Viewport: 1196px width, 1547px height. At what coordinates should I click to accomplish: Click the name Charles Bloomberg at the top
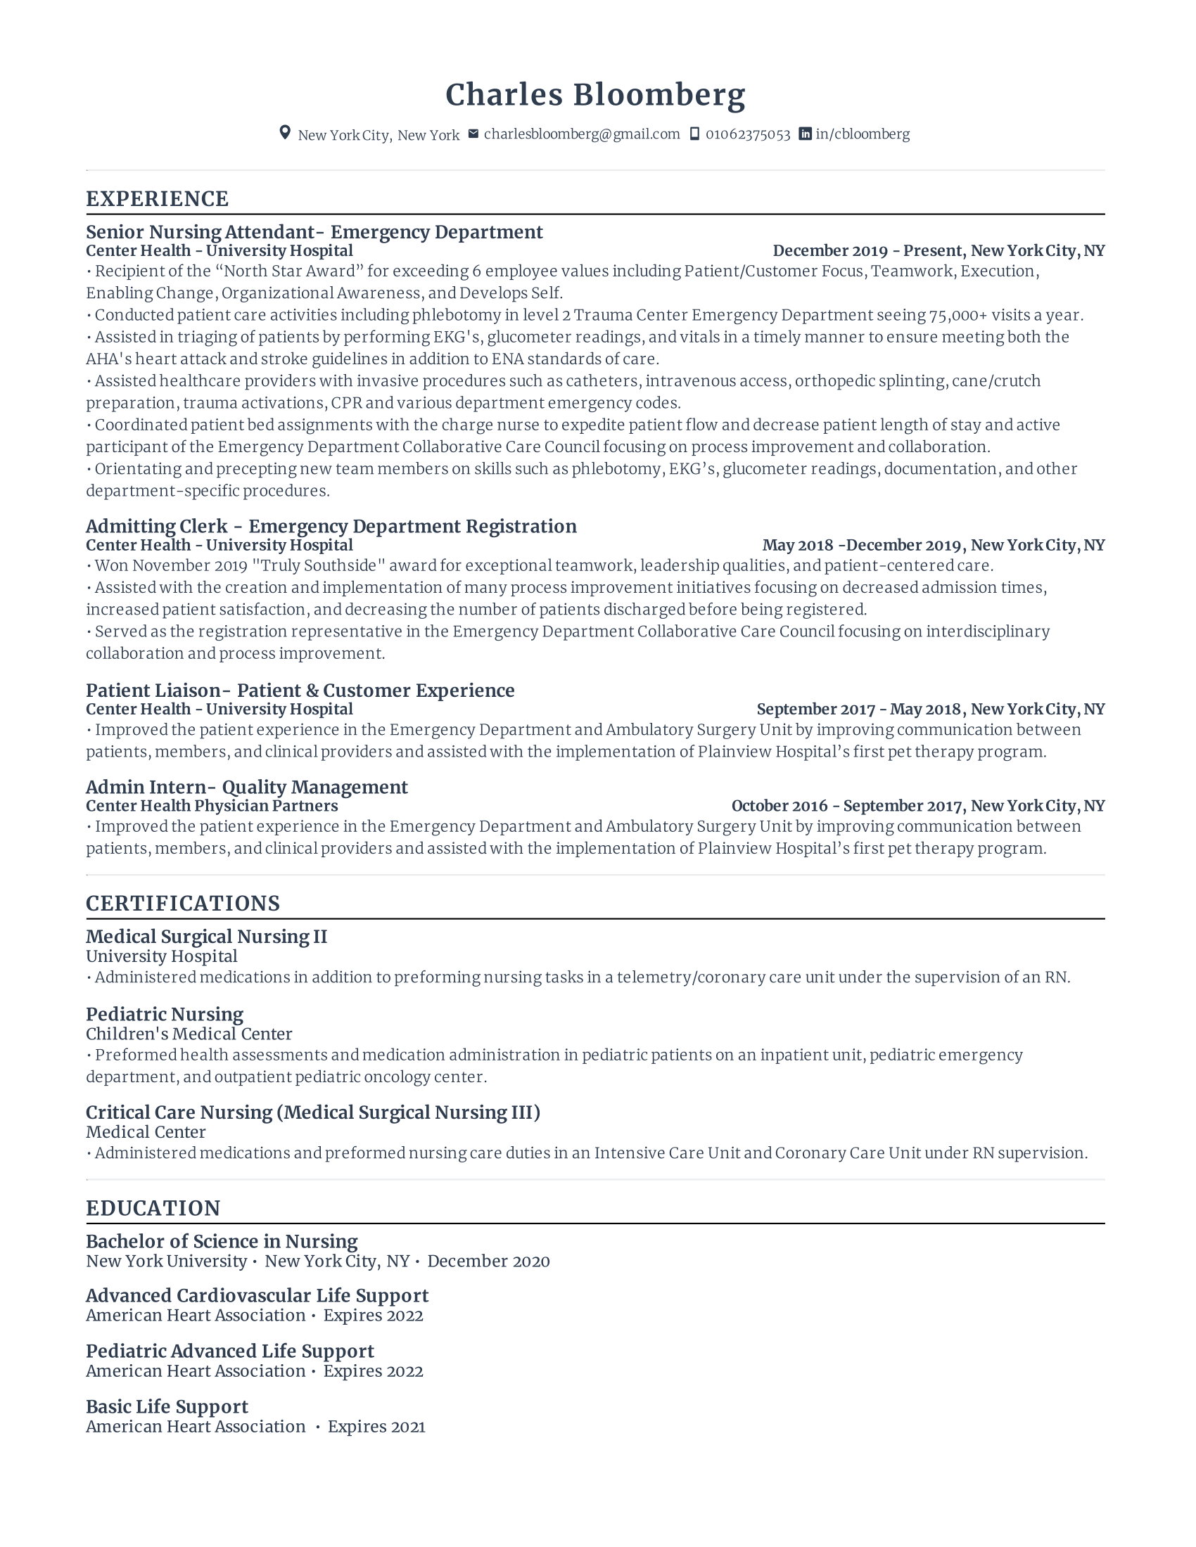point(595,96)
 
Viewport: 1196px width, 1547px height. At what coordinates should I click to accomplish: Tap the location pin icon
point(285,133)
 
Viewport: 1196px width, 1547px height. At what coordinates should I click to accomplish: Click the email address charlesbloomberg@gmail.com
point(582,134)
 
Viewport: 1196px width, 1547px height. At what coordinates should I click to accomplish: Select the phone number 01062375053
point(747,134)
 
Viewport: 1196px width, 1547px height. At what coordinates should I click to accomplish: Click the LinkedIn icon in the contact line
point(805,134)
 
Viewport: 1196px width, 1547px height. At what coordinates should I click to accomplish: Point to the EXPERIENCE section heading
point(158,199)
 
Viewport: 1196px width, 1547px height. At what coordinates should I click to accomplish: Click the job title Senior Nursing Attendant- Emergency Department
point(314,232)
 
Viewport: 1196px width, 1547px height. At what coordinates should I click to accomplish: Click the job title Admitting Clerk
point(157,526)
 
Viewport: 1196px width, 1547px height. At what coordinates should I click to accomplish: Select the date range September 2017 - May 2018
point(859,709)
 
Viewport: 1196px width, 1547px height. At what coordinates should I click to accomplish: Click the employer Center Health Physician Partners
point(212,806)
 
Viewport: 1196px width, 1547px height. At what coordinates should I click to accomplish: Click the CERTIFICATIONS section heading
point(183,904)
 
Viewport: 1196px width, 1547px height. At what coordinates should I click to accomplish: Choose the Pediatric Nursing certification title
point(165,1014)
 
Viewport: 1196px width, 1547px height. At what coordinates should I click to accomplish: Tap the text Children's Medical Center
point(189,1034)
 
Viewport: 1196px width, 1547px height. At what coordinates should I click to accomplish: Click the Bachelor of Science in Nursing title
point(221,1242)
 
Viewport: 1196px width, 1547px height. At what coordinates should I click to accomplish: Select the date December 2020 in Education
point(488,1262)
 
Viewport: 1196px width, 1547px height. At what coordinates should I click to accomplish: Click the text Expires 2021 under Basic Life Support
point(376,1427)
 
